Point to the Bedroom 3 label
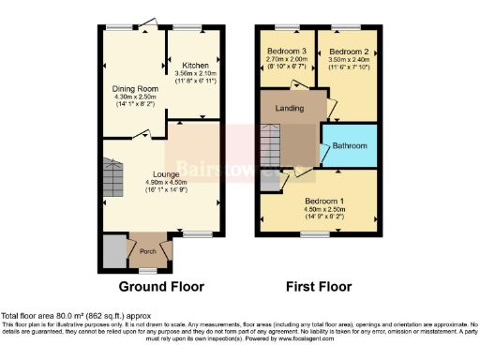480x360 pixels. coord(288,51)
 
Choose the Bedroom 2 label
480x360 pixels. coord(346,51)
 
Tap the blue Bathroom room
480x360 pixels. coord(350,146)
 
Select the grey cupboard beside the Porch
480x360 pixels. coord(113,252)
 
